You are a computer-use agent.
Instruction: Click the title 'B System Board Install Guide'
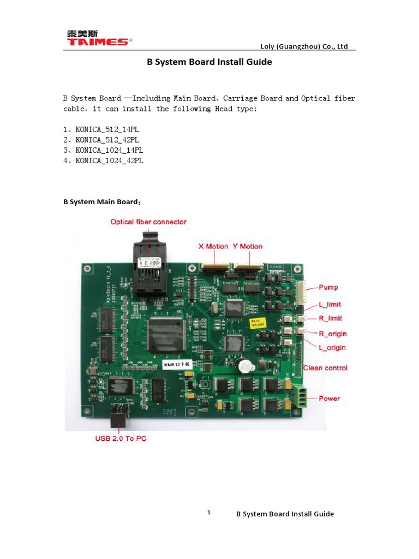pyautogui.click(x=209, y=62)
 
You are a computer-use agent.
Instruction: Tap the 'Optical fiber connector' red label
pyautogui.click(x=148, y=222)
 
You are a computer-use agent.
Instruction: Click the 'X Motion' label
pyautogui.click(x=213, y=246)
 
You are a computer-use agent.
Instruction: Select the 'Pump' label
pyautogui.click(x=328, y=287)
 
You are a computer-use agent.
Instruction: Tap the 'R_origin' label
pyautogui.click(x=333, y=334)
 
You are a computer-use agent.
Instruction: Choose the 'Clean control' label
pyautogui.click(x=325, y=368)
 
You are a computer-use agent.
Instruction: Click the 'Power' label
pyautogui.click(x=330, y=399)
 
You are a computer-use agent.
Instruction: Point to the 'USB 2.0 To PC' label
pyautogui.click(x=121, y=438)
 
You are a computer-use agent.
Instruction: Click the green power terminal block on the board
pyautogui.click(x=299, y=396)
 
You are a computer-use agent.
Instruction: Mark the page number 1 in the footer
pyautogui.click(x=208, y=513)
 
